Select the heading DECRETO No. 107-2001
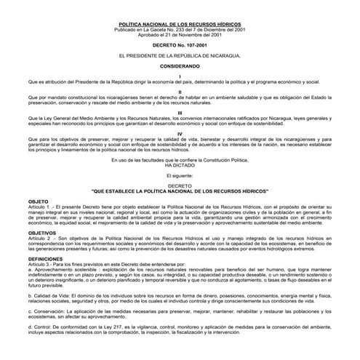(x=180, y=44)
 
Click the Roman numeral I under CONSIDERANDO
(x=180, y=76)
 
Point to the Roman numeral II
(x=180, y=92)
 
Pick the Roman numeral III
(x=180, y=113)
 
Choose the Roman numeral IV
(x=180, y=135)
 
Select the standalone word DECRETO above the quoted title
(x=180, y=185)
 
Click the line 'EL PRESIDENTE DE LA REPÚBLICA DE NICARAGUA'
(x=180, y=55)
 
